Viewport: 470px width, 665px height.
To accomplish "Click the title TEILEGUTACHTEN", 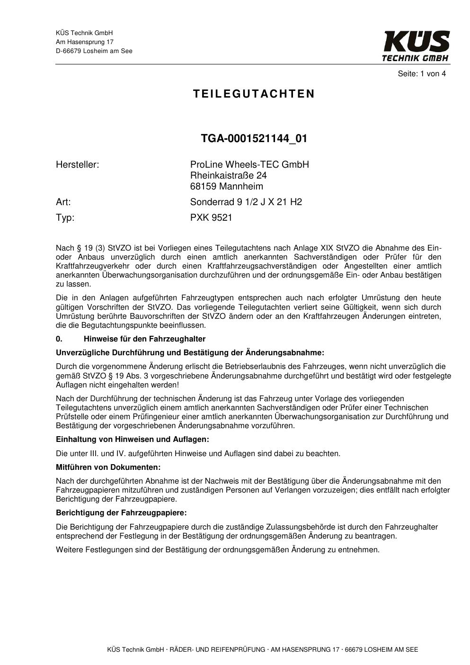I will [x=254, y=94].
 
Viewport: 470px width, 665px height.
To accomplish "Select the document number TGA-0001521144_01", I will [x=254, y=138].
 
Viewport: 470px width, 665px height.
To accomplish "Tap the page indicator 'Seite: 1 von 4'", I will [x=422, y=73].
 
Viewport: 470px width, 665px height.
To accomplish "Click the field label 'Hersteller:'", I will [x=77, y=164].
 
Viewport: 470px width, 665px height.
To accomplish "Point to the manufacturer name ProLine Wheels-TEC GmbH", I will [x=249, y=164].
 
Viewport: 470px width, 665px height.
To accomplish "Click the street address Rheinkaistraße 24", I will [x=229, y=175].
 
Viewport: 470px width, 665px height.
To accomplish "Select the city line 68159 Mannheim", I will [x=226, y=186].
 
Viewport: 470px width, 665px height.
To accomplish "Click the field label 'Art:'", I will [x=63, y=202].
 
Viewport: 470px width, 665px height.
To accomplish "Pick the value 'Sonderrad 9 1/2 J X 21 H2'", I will [x=246, y=202].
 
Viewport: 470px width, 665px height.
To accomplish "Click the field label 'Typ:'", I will [x=65, y=217].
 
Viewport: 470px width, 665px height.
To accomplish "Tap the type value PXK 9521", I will [x=211, y=217].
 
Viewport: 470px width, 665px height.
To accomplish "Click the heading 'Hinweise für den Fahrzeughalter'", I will [x=144, y=339].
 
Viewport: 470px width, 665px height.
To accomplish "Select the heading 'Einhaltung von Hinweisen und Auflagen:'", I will [x=132, y=439].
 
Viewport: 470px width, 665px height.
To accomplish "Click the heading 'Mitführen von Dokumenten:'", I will [x=108, y=467].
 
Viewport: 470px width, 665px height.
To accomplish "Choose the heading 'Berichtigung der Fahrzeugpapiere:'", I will [x=121, y=512].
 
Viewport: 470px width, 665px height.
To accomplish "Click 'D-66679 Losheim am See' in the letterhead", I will [x=94, y=51].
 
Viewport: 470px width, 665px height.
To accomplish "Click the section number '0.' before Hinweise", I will [x=59, y=339].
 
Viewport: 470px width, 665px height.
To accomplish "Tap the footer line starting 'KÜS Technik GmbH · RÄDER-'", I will [x=263, y=649].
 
